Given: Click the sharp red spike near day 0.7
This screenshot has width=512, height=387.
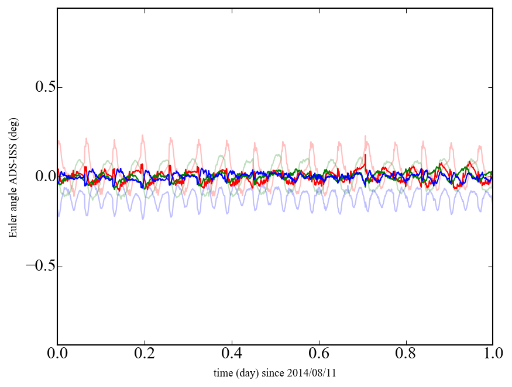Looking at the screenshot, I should point(365,156).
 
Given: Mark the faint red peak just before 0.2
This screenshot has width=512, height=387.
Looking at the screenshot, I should point(142,136).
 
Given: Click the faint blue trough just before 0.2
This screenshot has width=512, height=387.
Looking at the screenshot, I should point(142,219).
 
